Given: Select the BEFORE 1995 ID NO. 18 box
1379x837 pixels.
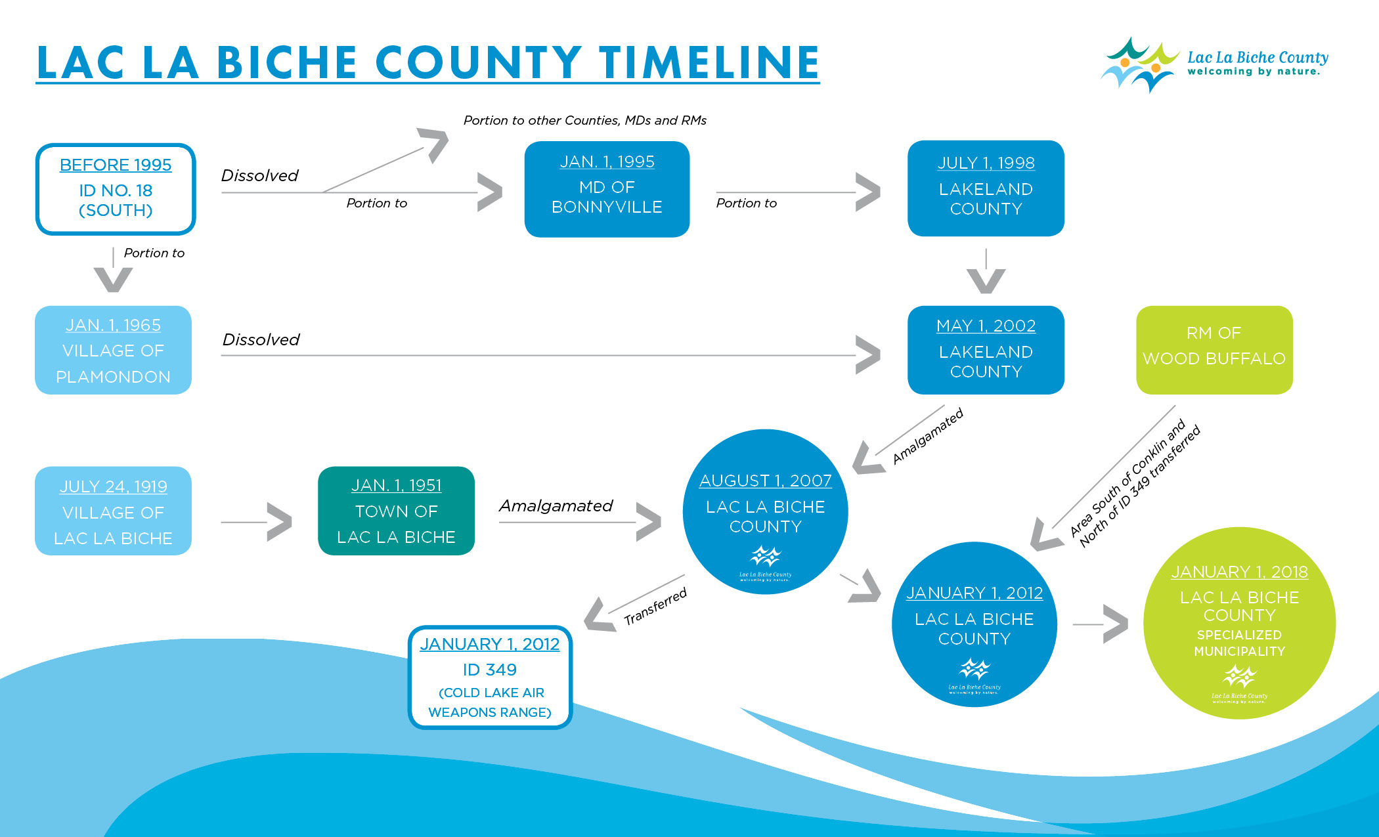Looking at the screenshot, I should click(116, 188).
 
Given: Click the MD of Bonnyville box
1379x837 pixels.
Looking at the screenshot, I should click(607, 188).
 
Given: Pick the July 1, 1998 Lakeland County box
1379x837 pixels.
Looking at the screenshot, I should click(986, 188).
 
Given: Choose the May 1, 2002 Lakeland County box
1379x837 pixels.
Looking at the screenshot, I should click(986, 350).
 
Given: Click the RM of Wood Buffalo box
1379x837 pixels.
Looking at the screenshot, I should click(1214, 350).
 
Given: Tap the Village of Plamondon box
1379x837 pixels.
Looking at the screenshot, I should click(113, 350).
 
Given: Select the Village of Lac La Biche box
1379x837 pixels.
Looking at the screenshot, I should click(113, 511).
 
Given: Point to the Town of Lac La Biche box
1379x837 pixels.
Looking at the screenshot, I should click(396, 511).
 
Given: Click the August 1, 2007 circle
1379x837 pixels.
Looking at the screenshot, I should click(765, 511).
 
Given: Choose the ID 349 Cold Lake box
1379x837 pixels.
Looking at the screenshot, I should click(490, 677).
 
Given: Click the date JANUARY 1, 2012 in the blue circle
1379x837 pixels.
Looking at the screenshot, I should click(974, 593).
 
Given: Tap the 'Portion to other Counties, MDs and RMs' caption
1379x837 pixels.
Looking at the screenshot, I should click(584, 120).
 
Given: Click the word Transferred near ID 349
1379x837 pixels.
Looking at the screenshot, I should click(655, 607).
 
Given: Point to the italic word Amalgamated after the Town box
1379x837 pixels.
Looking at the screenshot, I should click(556, 505).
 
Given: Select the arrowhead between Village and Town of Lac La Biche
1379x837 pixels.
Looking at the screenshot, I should click(280, 522).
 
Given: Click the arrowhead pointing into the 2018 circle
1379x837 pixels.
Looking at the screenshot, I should click(1116, 624).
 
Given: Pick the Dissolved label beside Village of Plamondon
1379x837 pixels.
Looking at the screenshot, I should click(261, 339).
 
